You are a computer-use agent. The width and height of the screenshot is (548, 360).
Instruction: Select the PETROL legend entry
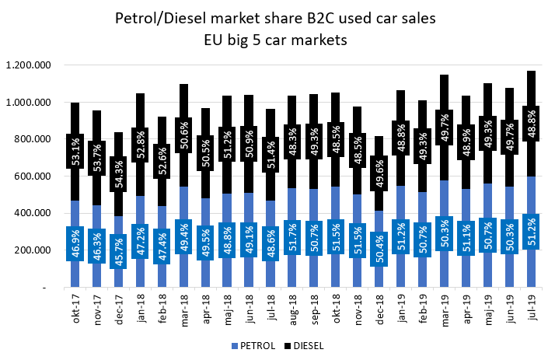[253, 344]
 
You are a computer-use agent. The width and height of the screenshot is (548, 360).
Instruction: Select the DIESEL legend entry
[307, 344]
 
